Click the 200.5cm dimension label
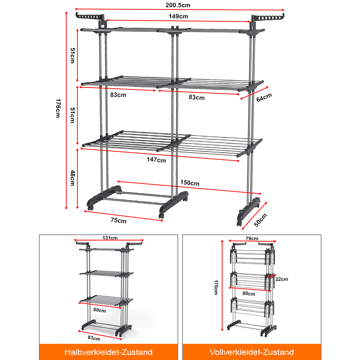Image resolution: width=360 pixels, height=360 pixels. (178, 5)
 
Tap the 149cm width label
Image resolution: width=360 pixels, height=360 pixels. (178, 16)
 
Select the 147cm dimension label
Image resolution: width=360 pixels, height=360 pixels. (156, 159)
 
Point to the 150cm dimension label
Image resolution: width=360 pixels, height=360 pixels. (190, 183)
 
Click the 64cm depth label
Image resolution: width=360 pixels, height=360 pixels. (264, 97)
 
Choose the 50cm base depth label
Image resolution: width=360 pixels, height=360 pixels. (260, 220)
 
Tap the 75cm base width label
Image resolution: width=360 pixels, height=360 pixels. (118, 220)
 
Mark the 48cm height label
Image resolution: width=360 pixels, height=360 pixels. (73, 178)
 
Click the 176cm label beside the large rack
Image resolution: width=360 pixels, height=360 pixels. (58, 108)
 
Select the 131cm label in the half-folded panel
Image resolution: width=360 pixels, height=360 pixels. (110, 238)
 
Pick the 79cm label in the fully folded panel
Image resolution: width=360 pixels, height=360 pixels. (252, 238)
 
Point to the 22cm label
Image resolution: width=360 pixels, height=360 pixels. (282, 279)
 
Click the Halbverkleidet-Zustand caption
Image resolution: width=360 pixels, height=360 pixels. (108, 352)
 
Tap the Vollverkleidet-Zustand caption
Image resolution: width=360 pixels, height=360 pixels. (252, 352)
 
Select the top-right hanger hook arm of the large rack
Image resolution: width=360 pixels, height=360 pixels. (268, 17)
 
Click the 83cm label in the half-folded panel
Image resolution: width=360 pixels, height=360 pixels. (94, 338)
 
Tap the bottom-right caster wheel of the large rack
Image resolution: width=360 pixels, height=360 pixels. (239, 223)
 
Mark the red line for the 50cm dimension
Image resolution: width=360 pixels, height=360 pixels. (255, 216)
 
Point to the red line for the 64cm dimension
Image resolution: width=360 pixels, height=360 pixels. (254, 93)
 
